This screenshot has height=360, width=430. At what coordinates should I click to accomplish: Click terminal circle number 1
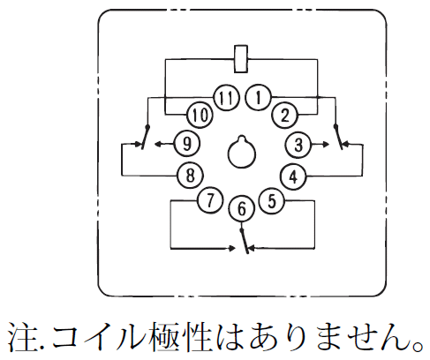(x=259, y=97)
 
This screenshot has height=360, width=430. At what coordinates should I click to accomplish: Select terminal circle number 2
(x=285, y=115)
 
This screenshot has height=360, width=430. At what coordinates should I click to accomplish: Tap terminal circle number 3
(x=298, y=145)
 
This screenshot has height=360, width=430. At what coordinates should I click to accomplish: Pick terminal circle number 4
(x=293, y=176)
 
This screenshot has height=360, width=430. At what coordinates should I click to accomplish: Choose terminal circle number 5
(x=272, y=201)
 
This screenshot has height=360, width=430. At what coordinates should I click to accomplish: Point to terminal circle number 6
(x=242, y=209)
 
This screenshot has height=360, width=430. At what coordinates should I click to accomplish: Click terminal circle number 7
(x=210, y=201)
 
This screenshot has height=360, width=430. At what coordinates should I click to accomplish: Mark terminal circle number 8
(x=191, y=176)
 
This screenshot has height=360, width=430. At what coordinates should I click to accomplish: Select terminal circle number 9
(x=187, y=144)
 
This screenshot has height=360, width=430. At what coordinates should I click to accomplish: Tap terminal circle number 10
(x=200, y=115)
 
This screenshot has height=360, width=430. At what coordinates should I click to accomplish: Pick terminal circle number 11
(x=226, y=98)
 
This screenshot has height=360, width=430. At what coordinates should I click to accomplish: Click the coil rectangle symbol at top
(x=241, y=59)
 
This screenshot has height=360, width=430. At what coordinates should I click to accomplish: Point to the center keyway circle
(x=242, y=154)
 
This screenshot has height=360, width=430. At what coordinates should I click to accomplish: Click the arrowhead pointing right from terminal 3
(x=326, y=145)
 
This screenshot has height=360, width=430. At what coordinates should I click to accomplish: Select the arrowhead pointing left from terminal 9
(x=159, y=144)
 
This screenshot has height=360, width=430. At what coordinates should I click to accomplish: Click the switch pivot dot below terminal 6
(x=242, y=229)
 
